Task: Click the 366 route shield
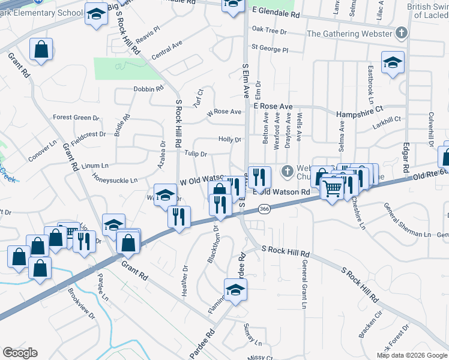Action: tap(264, 209)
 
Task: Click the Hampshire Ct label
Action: tap(360, 112)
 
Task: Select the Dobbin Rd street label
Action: tap(148, 89)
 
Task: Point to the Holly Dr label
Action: tap(229, 140)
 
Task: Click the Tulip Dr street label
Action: tap(196, 154)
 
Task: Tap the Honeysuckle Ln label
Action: tap(115, 179)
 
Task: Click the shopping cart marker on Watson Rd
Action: tap(332, 190)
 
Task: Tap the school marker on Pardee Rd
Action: tap(236, 290)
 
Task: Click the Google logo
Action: tap(20, 353)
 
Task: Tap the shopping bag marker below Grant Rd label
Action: tap(41, 52)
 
